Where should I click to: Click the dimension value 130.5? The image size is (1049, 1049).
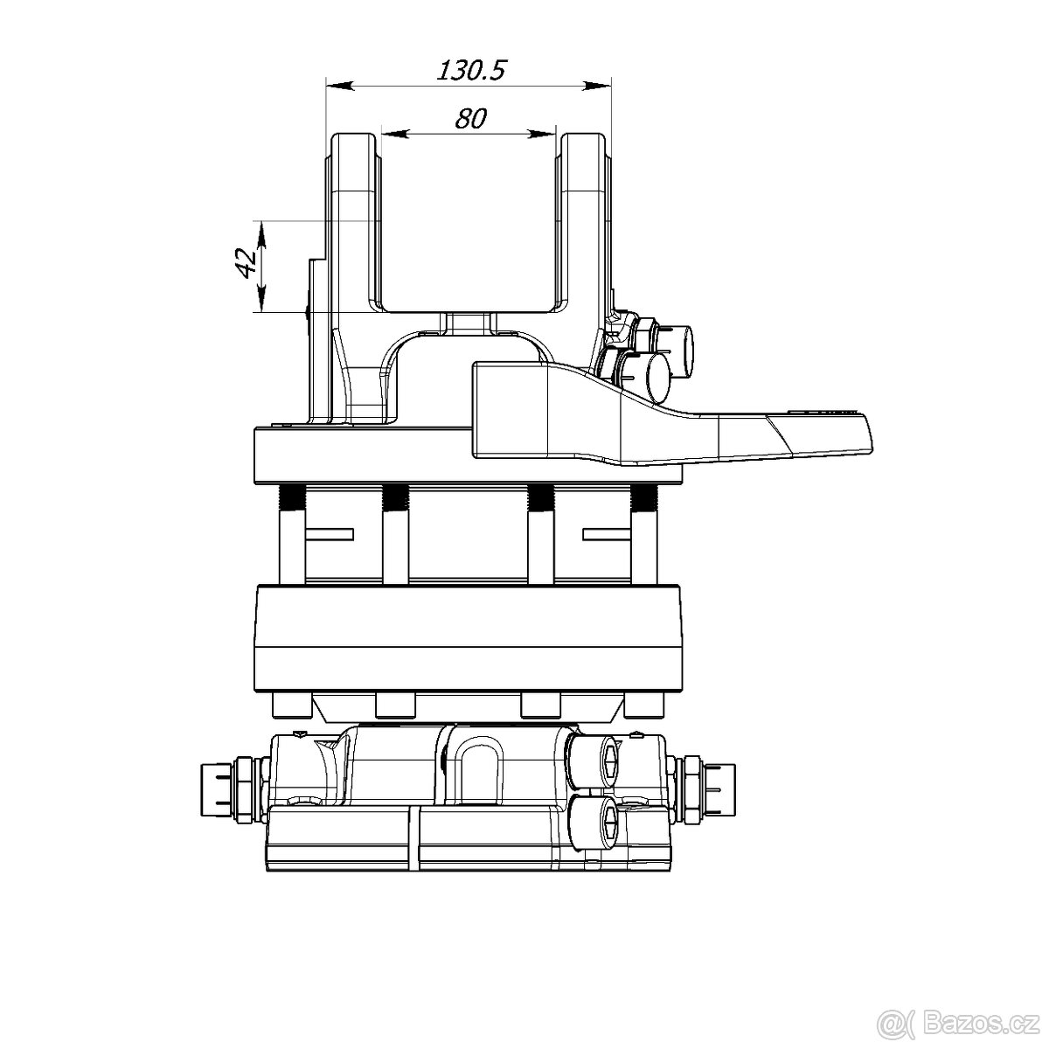click(x=471, y=70)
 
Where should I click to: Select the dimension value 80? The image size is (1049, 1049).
click(x=470, y=118)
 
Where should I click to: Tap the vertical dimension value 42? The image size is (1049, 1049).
click(x=247, y=262)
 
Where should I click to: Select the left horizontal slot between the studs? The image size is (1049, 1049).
click(x=329, y=532)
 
